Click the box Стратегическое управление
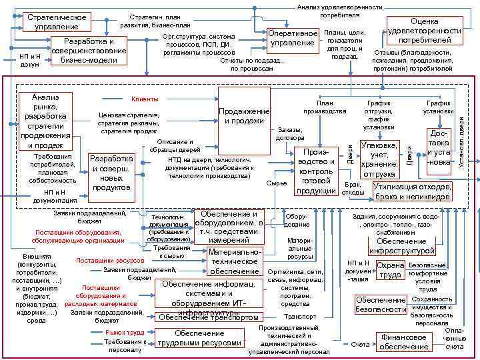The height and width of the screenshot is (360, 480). click(x=47, y=21)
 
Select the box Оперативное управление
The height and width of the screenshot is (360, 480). click(x=293, y=38)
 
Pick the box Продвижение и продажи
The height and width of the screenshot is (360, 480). click(x=244, y=115)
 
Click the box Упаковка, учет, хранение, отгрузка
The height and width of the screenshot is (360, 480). click(x=379, y=160)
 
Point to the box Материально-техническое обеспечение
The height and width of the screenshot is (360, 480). click(x=234, y=261)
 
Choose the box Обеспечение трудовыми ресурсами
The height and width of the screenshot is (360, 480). click(x=199, y=338)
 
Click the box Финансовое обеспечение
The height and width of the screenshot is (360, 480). click(x=405, y=342)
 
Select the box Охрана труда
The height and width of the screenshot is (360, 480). click(x=391, y=270)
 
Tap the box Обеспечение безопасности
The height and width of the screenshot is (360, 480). click(x=381, y=305)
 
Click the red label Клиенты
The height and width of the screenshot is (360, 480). click(x=145, y=99)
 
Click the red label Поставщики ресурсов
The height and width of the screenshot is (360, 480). click(x=110, y=260)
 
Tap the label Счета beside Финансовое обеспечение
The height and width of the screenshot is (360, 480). click(x=360, y=345)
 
